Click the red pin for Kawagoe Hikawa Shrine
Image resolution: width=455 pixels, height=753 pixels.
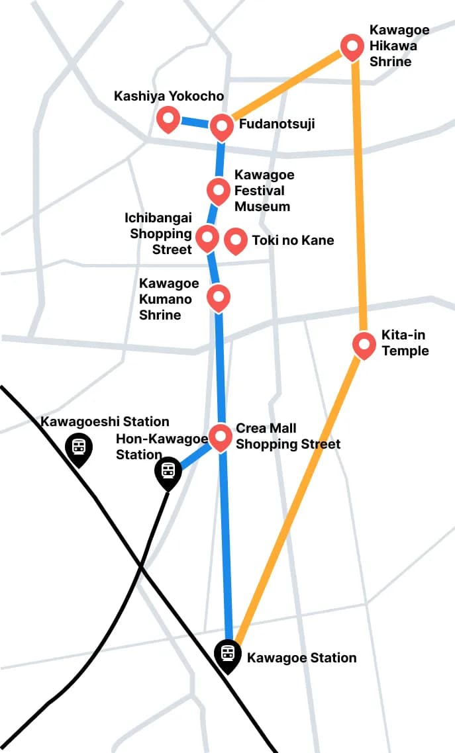click(x=352, y=46)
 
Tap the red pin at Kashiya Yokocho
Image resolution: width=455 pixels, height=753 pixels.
click(x=168, y=119)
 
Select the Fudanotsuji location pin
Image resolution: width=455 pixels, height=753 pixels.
click(x=221, y=126)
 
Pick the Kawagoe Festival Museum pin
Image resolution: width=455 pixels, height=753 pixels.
click(x=218, y=191)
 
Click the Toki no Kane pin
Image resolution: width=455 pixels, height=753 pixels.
click(x=235, y=240)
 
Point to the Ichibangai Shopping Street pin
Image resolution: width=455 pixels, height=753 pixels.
click(x=207, y=237)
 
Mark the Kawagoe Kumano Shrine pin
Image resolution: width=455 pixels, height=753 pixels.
click(x=219, y=296)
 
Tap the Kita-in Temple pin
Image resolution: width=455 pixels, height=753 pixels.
click(x=364, y=344)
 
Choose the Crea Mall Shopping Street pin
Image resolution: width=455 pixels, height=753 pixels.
click(x=221, y=437)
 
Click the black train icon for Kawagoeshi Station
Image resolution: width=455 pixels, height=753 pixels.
click(x=79, y=447)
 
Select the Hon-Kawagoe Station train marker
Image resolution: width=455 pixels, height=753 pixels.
click(x=168, y=471)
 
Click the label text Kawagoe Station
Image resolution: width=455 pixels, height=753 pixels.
click(x=301, y=658)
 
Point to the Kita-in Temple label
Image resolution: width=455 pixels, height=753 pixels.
click(x=405, y=343)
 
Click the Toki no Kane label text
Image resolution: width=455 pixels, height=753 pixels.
click(x=293, y=240)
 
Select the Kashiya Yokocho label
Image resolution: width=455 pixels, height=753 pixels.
click(x=169, y=96)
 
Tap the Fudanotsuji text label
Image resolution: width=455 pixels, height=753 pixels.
click(x=277, y=124)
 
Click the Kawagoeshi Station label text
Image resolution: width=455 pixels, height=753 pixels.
click(x=105, y=421)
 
